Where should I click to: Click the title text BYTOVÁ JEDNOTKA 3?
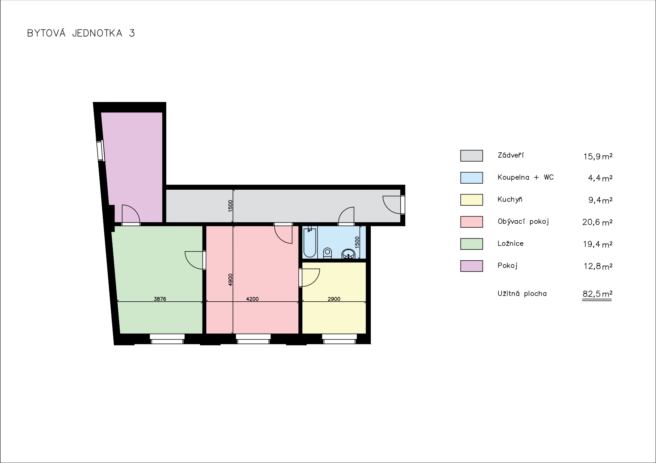pos(81,33)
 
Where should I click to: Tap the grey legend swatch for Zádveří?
pos(471,156)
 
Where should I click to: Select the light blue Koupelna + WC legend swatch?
pos(471,178)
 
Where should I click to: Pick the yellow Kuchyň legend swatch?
pos(471,200)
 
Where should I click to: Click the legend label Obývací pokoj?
pos(523,221)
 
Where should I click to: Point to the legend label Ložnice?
pos(511,243)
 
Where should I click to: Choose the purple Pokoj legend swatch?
pos(471,266)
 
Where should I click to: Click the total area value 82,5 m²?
pos(597,294)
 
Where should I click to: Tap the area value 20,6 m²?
pos(597,222)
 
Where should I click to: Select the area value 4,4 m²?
pos(600,178)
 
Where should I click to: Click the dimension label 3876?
pos(160,299)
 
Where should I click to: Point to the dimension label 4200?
pos(252,299)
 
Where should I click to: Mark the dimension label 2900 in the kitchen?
pos(334,299)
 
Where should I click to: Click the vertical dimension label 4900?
pos(230,280)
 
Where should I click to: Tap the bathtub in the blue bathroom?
pos(309,243)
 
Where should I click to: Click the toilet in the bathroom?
pos(327,253)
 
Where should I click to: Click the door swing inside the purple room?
pos(130,214)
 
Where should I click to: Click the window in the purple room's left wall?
pos(100,150)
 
